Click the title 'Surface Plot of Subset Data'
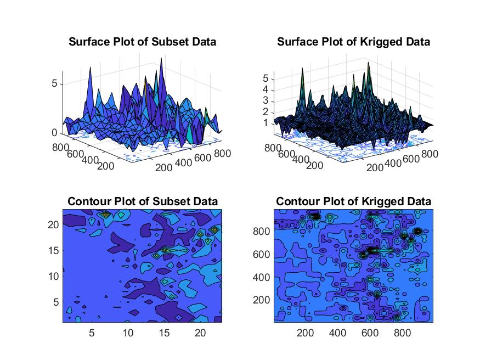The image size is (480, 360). point(142,42)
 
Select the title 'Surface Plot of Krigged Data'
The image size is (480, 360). point(353,42)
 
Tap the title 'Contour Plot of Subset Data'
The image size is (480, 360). point(142,202)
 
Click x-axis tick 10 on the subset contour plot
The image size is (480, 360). point(128,333)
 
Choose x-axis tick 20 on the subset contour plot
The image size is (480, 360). point(200,333)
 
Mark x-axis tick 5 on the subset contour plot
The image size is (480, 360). point(92,333)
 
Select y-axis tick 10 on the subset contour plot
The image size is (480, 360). point(54,276)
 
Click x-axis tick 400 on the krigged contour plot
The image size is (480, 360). point(337,333)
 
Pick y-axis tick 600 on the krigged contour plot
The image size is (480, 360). point(261,255)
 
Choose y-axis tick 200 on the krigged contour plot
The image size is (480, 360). point(261,300)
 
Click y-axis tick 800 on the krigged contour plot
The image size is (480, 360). point(261,232)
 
